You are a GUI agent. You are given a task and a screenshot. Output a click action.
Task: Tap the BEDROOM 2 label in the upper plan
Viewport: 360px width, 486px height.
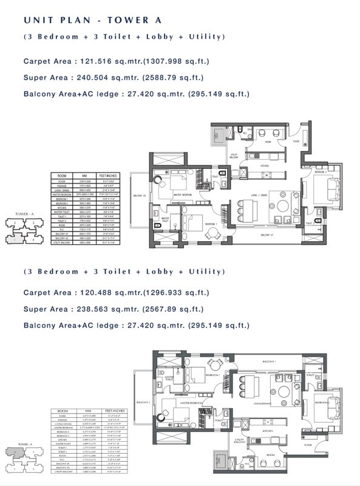coord(321,172)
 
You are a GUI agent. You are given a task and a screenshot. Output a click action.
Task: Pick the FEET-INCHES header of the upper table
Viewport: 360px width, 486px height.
coord(114,177)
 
